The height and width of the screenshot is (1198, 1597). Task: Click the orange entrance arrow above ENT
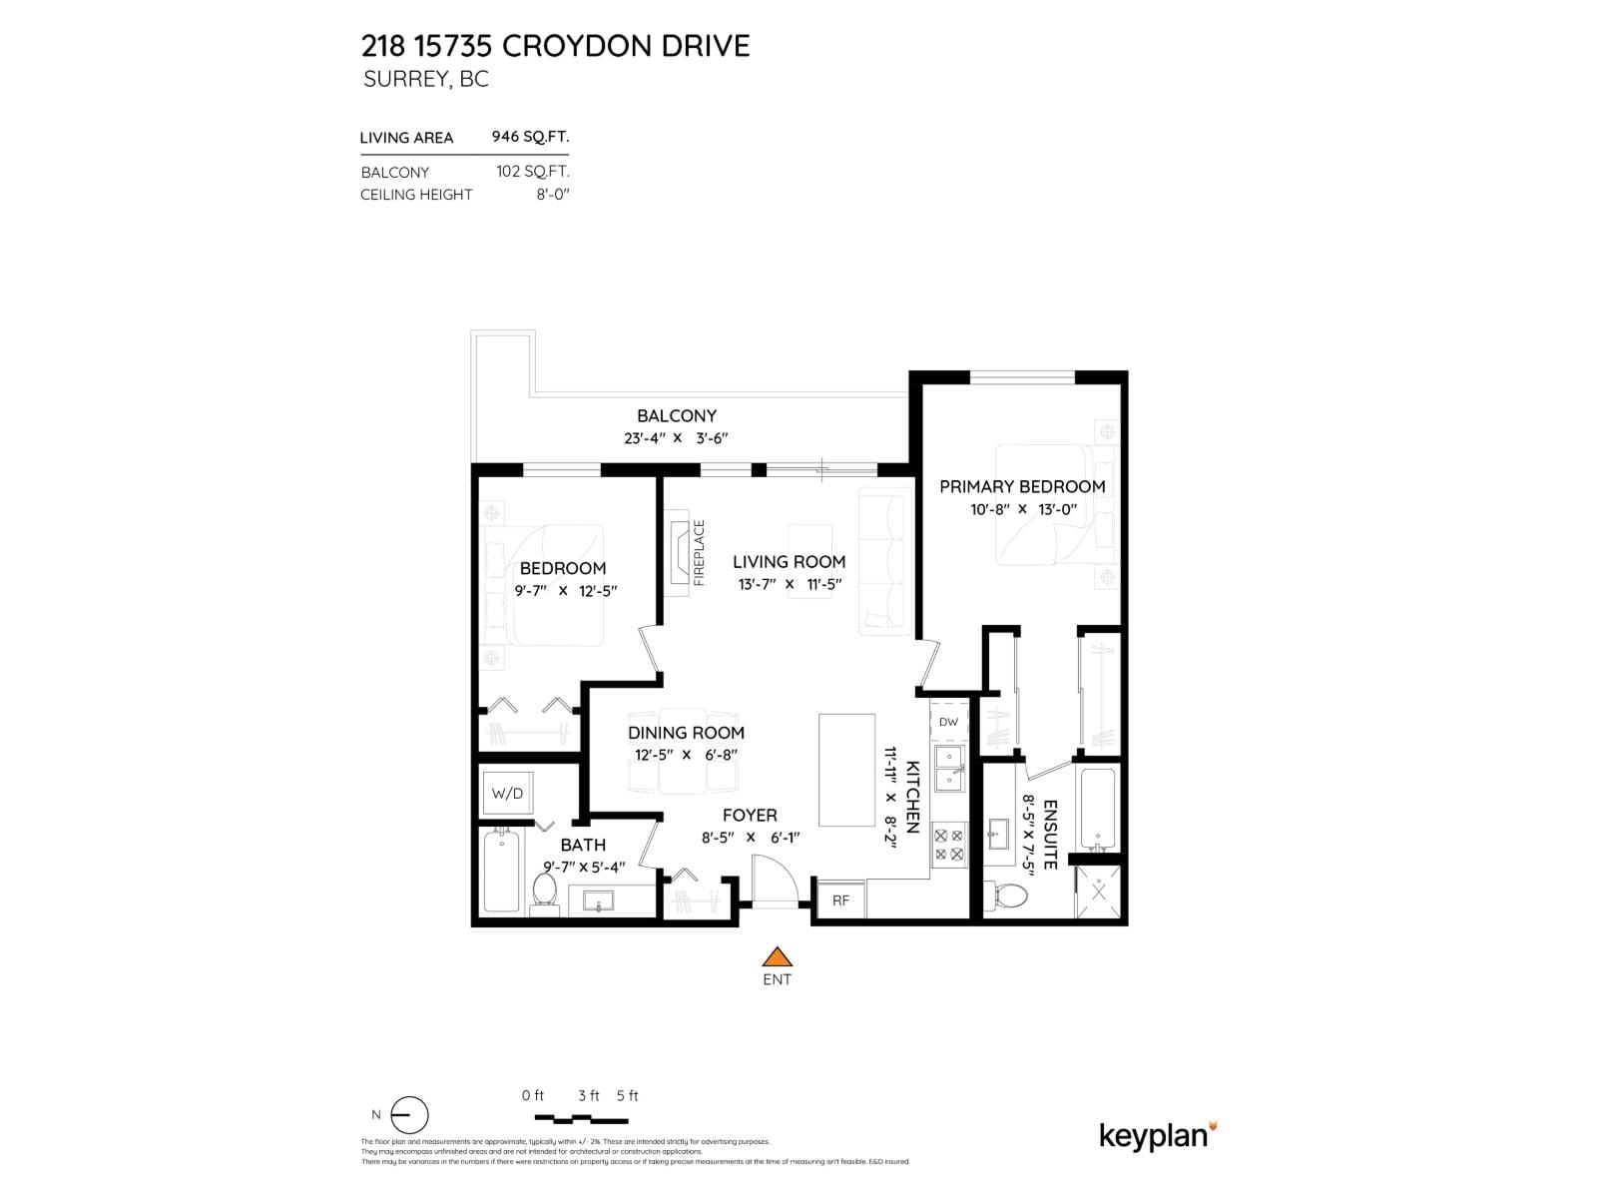[x=777, y=956]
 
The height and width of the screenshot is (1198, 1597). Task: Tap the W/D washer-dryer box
[x=507, y=794]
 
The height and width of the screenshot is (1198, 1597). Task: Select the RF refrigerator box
[x=840, y=899]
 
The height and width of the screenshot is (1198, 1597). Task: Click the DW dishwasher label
[x=948, y=722]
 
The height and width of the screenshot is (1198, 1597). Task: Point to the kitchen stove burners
[x=948, y=845]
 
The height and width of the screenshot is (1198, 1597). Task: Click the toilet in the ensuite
[x=1007, y=895]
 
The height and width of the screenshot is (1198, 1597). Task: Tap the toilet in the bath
[x=545, y=889]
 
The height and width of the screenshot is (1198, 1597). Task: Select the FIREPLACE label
[x=699, y=552]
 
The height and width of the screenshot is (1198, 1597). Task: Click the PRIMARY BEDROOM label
[x=1022, y=486]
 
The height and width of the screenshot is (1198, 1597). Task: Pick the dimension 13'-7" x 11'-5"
[x=789, y=584]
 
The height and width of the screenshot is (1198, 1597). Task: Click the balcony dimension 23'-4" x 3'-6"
[x=677, y=437]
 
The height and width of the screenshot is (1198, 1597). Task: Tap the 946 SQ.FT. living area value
[x=530, y=137]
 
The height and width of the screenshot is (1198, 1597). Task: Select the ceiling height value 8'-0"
[x=552, y=194]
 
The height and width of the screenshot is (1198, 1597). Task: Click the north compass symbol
[x=408, y=1115]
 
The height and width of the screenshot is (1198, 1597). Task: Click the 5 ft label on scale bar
[x=627, y=1095]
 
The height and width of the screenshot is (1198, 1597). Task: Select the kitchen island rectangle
[x=846, y=770]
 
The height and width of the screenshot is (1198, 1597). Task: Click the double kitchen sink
[x=948, y=768]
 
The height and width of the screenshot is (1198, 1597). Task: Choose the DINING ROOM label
[x=686, y=732]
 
